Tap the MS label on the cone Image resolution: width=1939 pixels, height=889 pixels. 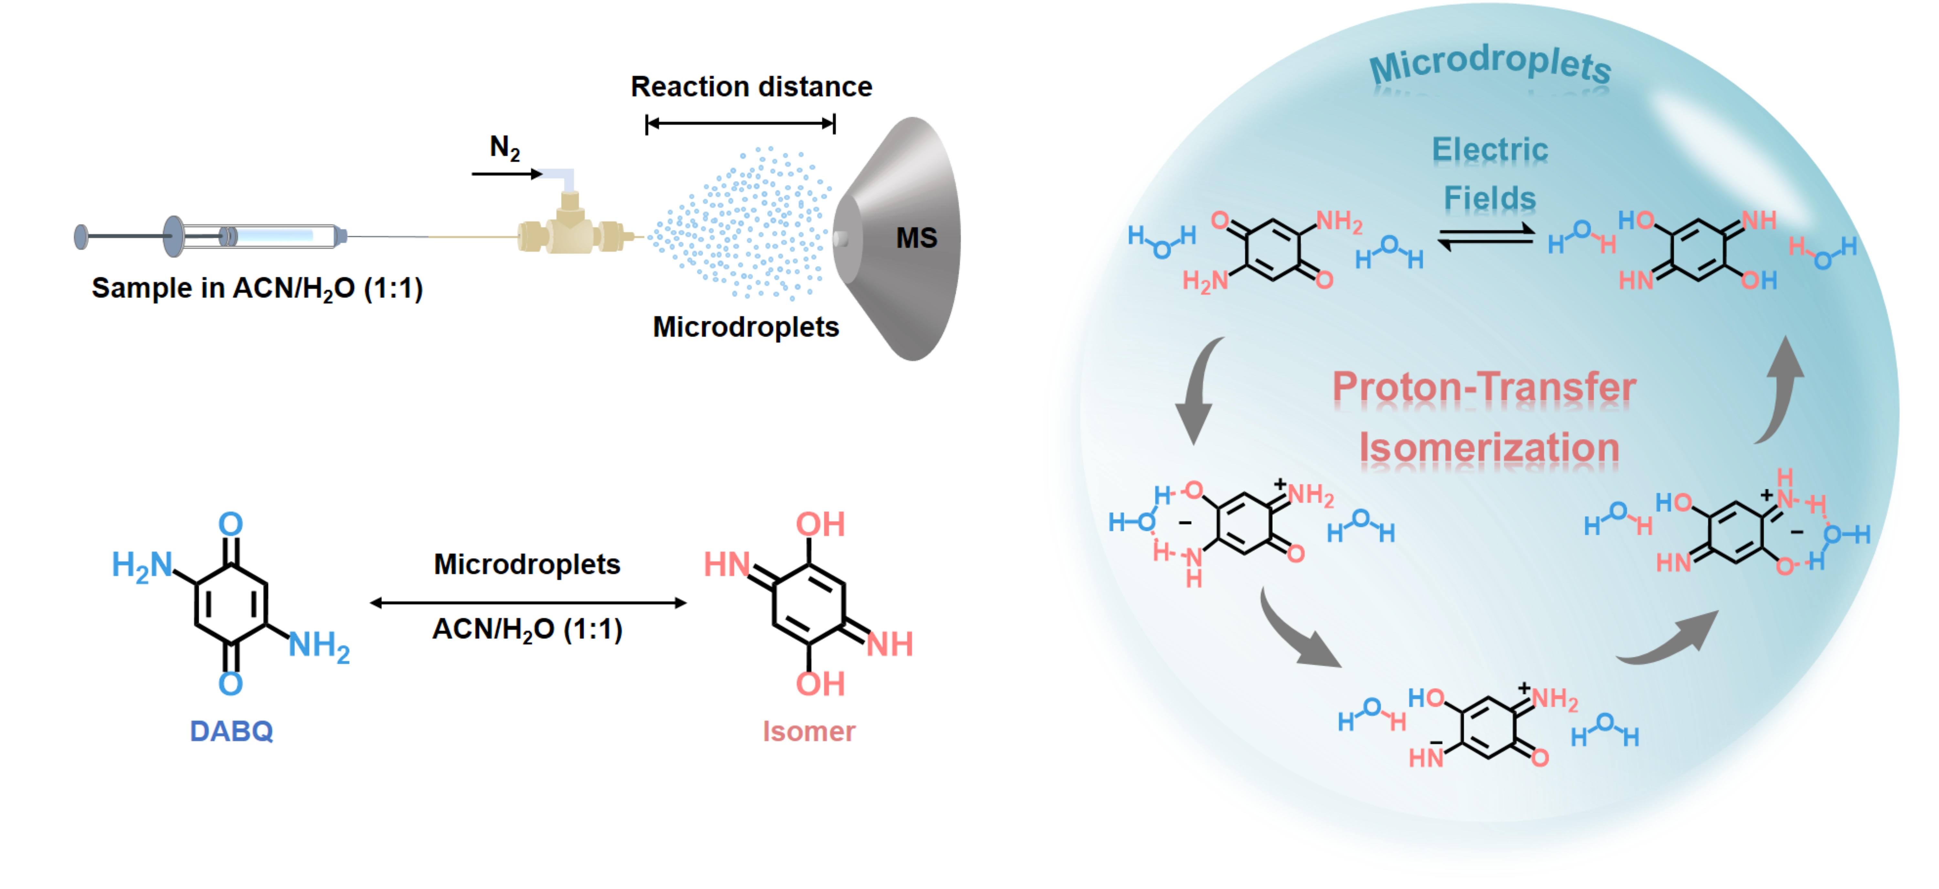tap(916, 238)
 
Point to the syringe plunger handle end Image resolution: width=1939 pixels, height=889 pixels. tap(80, 236)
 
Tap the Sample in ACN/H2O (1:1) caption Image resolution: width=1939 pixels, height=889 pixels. tap(257, 288)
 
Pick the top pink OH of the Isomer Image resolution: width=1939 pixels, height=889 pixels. tap(820, 525)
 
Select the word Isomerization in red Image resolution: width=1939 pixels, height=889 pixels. tap(1489, 447)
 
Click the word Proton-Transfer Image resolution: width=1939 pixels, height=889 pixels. tap(1484, 387)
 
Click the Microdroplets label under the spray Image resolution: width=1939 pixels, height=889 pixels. tap(745, 327)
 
